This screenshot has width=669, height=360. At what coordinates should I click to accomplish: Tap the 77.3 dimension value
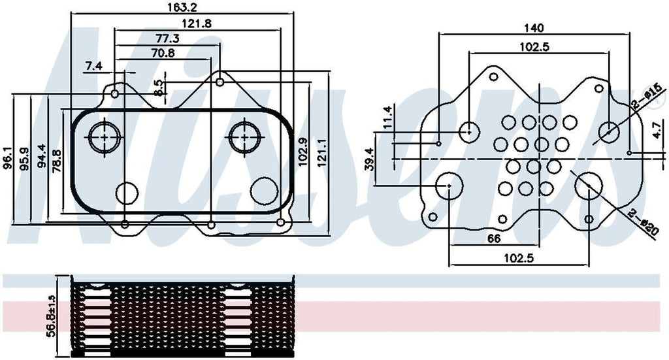(x=167, y=39)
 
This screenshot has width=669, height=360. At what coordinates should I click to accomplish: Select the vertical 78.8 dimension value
(x=57, y=160)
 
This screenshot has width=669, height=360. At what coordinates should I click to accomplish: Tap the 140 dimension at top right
(x=534, y=27)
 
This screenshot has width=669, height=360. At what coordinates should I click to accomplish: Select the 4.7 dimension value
(x=655, y=129)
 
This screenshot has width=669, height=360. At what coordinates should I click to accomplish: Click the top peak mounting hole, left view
(x=221, y=82)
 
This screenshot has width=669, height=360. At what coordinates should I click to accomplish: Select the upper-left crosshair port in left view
(x=103, y=137)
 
